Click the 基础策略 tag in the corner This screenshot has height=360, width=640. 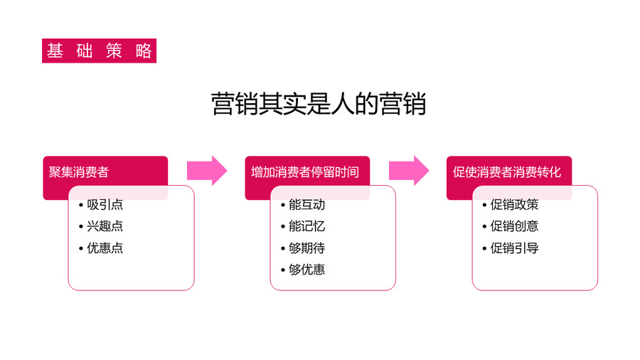click(99, 51)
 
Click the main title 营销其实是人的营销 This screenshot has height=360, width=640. click(319, 104)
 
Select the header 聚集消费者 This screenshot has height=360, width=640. click(79, 172)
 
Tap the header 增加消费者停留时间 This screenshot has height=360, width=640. click(305, 172)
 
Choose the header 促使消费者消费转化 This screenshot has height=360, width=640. click(507, 172)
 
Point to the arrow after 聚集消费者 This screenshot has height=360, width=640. click(207, 171)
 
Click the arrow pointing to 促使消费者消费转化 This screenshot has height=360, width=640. click(409, 171)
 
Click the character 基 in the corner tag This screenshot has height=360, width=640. click(55, 51)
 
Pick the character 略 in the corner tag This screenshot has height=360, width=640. click(144, 51)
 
